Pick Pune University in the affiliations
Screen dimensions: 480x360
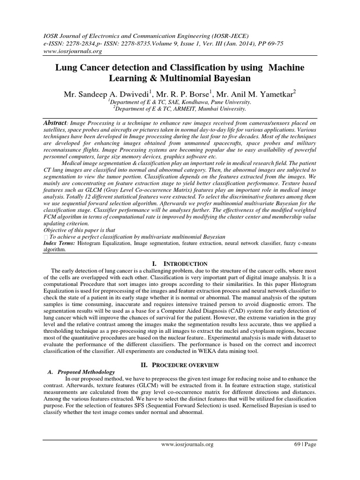[x=230, y=101]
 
